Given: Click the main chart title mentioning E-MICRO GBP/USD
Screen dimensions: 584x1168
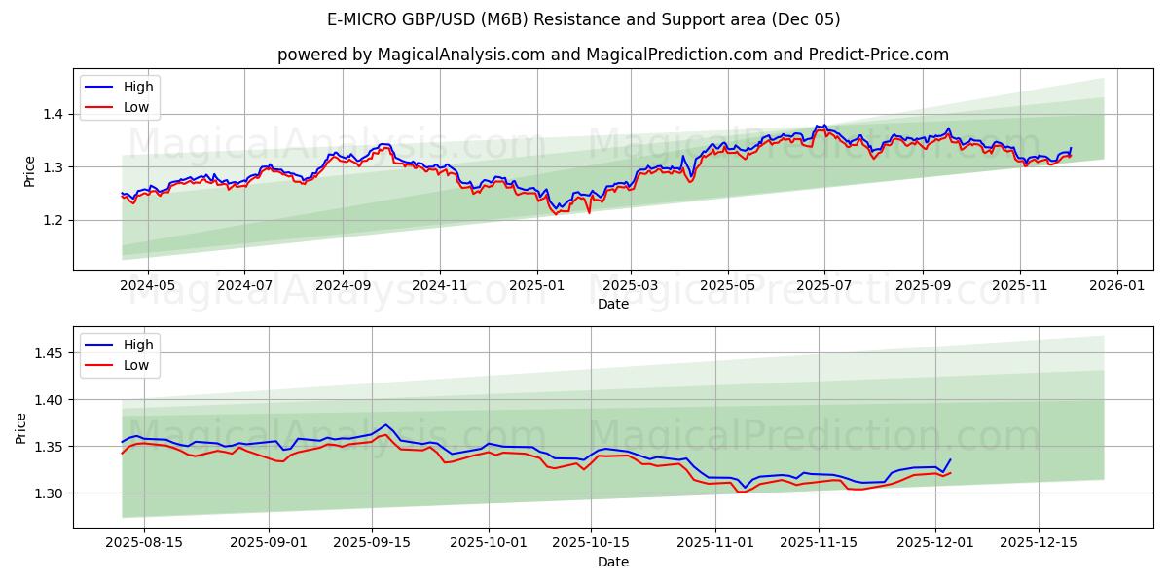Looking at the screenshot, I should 584,19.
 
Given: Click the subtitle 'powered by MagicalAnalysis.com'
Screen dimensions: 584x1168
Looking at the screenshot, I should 411,55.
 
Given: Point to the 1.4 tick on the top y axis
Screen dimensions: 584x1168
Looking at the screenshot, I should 53,115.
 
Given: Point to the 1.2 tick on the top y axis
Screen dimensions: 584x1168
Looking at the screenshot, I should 53,221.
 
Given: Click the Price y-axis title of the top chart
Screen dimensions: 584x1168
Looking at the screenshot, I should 29,169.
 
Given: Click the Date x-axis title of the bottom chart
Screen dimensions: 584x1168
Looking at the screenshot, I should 613,562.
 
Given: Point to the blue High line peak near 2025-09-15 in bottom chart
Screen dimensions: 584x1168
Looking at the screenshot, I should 385,424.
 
